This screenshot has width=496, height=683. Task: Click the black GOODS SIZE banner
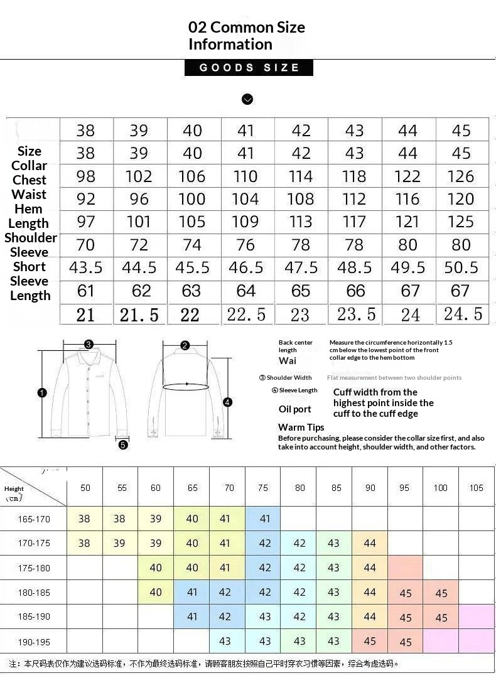point(249,68)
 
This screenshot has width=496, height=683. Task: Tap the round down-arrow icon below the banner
point(247,99)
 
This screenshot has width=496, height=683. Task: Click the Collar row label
point(30,166)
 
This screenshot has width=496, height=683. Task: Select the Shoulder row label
point(31,238)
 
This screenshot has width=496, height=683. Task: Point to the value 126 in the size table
point(461,176)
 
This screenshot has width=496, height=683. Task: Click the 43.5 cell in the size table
point(86,267)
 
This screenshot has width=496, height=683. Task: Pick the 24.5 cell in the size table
point(462,314)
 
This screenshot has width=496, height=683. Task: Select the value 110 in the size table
point(245,176)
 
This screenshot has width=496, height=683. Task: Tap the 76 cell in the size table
point(245,245)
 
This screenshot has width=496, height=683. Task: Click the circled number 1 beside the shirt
point(42,393)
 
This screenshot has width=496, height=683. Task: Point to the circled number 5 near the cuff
point(123,444)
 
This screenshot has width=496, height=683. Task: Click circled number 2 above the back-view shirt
point(185,345)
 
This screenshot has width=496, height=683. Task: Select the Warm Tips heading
point(301,428)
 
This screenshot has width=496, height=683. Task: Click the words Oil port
point(295,409)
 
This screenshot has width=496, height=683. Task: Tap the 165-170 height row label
point(34,519)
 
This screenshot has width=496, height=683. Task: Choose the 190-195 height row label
point(34,642)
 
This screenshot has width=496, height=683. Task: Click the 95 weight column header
point(404,488)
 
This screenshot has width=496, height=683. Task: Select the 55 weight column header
point(122,488)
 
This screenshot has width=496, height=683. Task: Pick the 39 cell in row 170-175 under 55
point(119,544)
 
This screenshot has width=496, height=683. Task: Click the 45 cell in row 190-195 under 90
point(370,642)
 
